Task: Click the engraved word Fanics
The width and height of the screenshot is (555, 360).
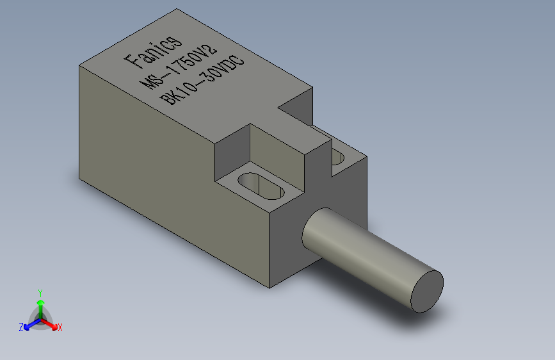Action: (x=153, y=52)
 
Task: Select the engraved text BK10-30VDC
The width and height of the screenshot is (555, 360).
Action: (x=202, y=81)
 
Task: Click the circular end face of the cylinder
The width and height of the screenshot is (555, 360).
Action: (x=427, y=291)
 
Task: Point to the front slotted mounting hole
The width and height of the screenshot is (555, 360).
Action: (x=261, y=186)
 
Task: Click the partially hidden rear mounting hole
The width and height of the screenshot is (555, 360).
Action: (x=337, y=157)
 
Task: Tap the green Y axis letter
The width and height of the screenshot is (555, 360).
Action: (x=40, y=293)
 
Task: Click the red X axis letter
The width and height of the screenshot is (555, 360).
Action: (x=60, y=328)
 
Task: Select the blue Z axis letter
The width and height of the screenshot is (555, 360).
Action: (x=21, y=327)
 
